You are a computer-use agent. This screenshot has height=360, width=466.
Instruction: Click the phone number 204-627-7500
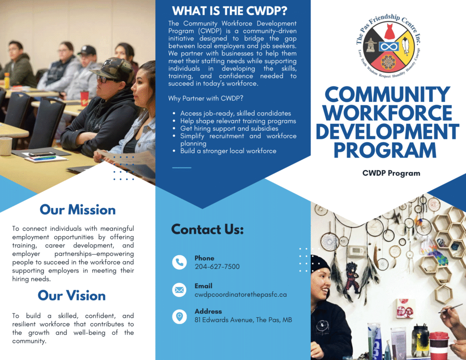[x=217, y=267]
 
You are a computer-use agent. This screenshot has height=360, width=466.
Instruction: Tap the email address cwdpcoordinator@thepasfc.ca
[x=241, y=294]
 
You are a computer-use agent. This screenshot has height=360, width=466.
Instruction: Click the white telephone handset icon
[x=179, y=262]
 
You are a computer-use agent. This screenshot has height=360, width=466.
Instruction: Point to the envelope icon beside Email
[x=179, y=290]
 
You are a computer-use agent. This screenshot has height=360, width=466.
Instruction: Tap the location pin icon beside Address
[x=179, y=316]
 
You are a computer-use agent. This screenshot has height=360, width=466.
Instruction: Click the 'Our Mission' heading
[x=77, y=209]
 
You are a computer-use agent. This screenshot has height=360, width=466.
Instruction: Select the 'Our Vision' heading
[x=71, y=295]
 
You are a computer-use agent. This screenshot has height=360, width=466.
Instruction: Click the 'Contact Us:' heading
[x=208, y=229]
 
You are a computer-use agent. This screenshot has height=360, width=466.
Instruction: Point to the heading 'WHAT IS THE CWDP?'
[x=230, y=11]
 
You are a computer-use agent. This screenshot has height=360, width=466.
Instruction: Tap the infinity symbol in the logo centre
[x=389, y=47]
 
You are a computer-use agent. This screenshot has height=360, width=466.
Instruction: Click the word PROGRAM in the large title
[x=385, y=150]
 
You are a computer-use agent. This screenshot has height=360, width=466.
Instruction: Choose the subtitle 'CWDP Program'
[x=391, y=173]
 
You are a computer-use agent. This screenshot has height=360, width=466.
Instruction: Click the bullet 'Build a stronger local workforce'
[x=228, y=151]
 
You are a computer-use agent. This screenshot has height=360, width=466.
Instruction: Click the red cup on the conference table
[x=84, y=98]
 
